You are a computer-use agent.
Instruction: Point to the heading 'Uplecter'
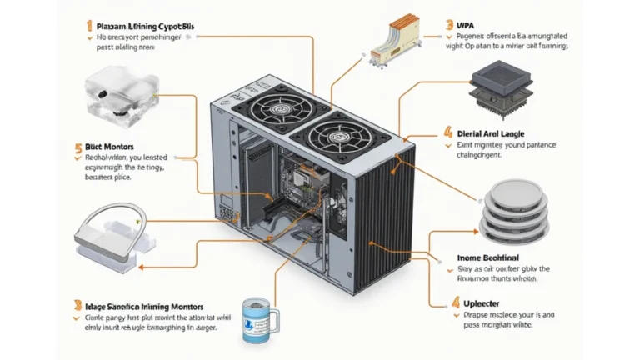(x=482, y=304)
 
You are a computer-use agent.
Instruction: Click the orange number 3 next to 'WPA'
(x=449, y=26)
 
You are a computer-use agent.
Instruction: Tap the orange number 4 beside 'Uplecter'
(x=455, y=303)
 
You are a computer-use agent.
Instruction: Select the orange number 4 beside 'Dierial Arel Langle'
(x=448, y=132)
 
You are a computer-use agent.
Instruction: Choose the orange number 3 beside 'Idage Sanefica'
(x=77, y=306)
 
